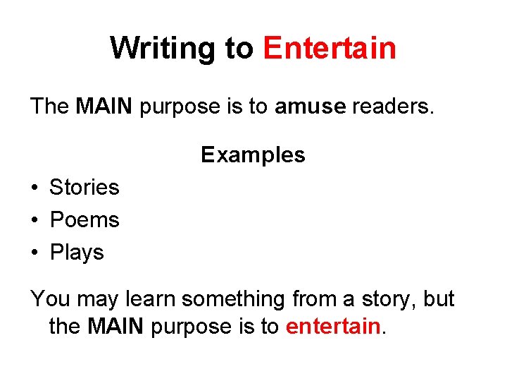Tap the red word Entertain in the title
330,49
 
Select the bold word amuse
310,107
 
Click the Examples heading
253,155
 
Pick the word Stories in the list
84,188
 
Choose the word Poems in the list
84,220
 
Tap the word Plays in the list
77,253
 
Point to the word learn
150,299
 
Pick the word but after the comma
439,299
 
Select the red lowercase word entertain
333,327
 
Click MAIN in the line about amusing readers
104,107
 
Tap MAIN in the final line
116,327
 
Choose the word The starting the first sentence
49,107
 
